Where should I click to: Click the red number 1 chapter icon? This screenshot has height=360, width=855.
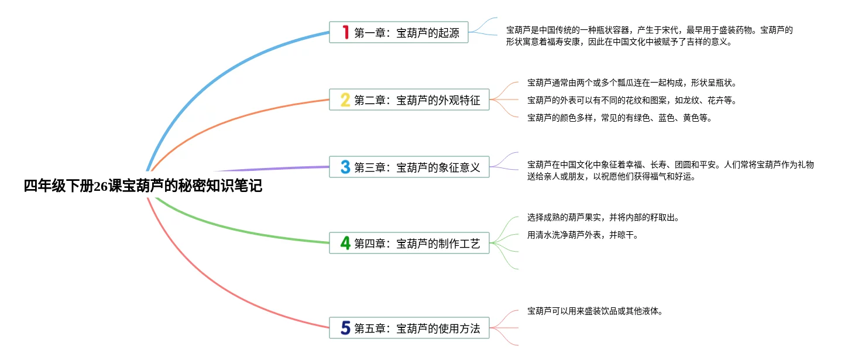tap(345, 33)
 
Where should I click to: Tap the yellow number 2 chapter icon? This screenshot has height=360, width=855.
tap(345, 100)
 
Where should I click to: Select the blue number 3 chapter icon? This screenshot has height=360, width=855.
tap(345, 167)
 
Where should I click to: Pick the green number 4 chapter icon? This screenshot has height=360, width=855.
tap(345, 243)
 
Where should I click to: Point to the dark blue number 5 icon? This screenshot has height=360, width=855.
tap(345, 328)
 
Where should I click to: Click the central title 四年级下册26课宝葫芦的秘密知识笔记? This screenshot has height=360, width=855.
tap(143, 186)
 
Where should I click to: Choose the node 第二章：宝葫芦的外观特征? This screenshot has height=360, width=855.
tap(417, 100)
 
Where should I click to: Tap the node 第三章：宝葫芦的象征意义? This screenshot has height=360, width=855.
tap(417, 167)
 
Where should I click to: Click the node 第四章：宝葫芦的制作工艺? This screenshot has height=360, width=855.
tap(417, 243)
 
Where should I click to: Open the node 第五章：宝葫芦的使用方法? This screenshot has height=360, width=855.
tap(417, 328)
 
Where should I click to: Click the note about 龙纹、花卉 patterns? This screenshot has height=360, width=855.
tap(631, 100)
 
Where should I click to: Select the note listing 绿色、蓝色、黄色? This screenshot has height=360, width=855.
tap(619, 118)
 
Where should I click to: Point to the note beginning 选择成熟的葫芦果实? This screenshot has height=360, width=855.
tap(603, 217)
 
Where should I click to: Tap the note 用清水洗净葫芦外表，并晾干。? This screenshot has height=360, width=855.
tap(582, 235)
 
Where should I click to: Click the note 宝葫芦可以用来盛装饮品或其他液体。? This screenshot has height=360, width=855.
tap(595, 311)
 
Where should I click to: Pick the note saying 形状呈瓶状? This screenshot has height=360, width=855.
tap(632, 83)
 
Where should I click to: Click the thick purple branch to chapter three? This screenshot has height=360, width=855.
tap(275, 168)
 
